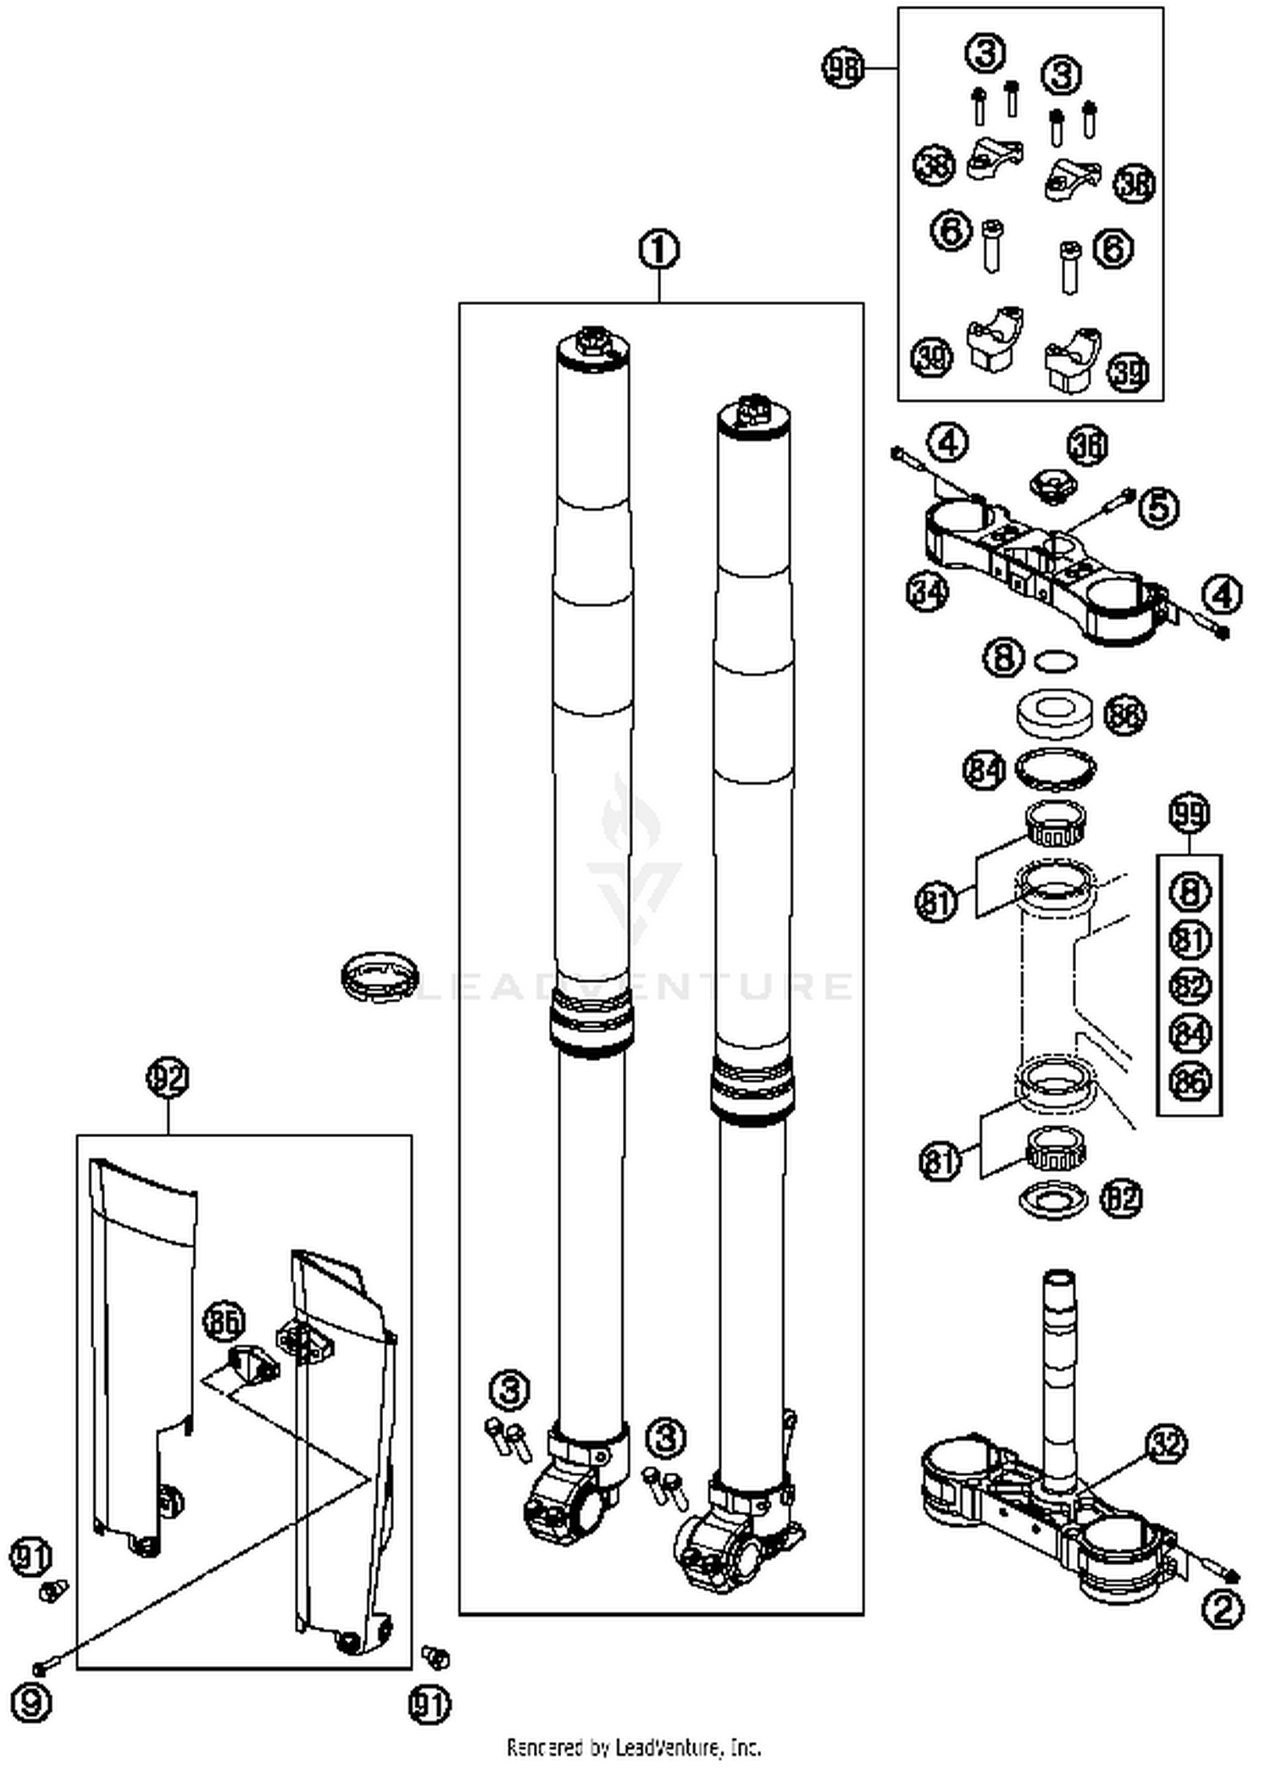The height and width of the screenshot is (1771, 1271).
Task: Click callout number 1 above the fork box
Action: [x=659, y=251]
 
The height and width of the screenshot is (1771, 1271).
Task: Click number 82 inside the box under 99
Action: [x=1190, y=985]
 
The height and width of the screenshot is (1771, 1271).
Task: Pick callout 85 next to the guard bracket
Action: [x=224, y=1320]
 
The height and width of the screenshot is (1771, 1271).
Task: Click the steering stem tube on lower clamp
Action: [x=1059, y=1373]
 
